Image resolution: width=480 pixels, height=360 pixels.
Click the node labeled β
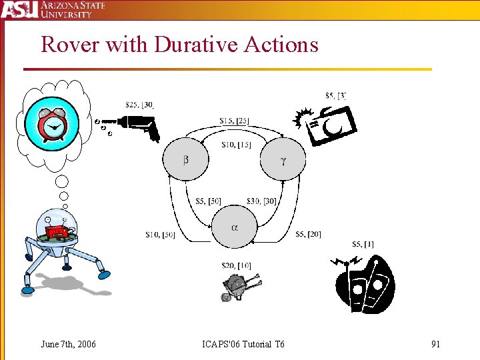pyautogui.click(x=185, y=159)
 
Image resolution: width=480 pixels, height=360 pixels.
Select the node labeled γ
pyautogui.click(x=283, y=159)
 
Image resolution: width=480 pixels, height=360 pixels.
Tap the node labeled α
pyautogui.click(x=234, y=227)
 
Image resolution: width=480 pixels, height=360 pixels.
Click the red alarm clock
pyautogui.click(x=51, y=124)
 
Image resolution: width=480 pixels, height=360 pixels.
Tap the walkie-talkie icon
pyautogui.click(x=364, y=284)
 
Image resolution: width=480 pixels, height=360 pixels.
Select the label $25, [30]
pyautogui.click(x=140, y=105)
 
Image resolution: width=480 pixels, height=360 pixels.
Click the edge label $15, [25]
pyautogui.click(x=234, y=121)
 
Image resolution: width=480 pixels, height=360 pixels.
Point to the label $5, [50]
pyautogui.click(x=208, y=201)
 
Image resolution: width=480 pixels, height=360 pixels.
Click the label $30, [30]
pyautogui.click(x=261, y=201)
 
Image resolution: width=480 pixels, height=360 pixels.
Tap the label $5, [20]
pyautogui.click(x=308, y=234)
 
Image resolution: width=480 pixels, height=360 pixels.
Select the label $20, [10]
pyautogui.click(x=236, y=266)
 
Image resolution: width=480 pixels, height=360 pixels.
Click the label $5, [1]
pyautogui.click(x=363, y=244)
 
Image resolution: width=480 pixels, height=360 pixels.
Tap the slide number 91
pyautogui.click(x=435, y=344)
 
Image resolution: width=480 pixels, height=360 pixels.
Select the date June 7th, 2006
pyautogui.click(x=68, y=344)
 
